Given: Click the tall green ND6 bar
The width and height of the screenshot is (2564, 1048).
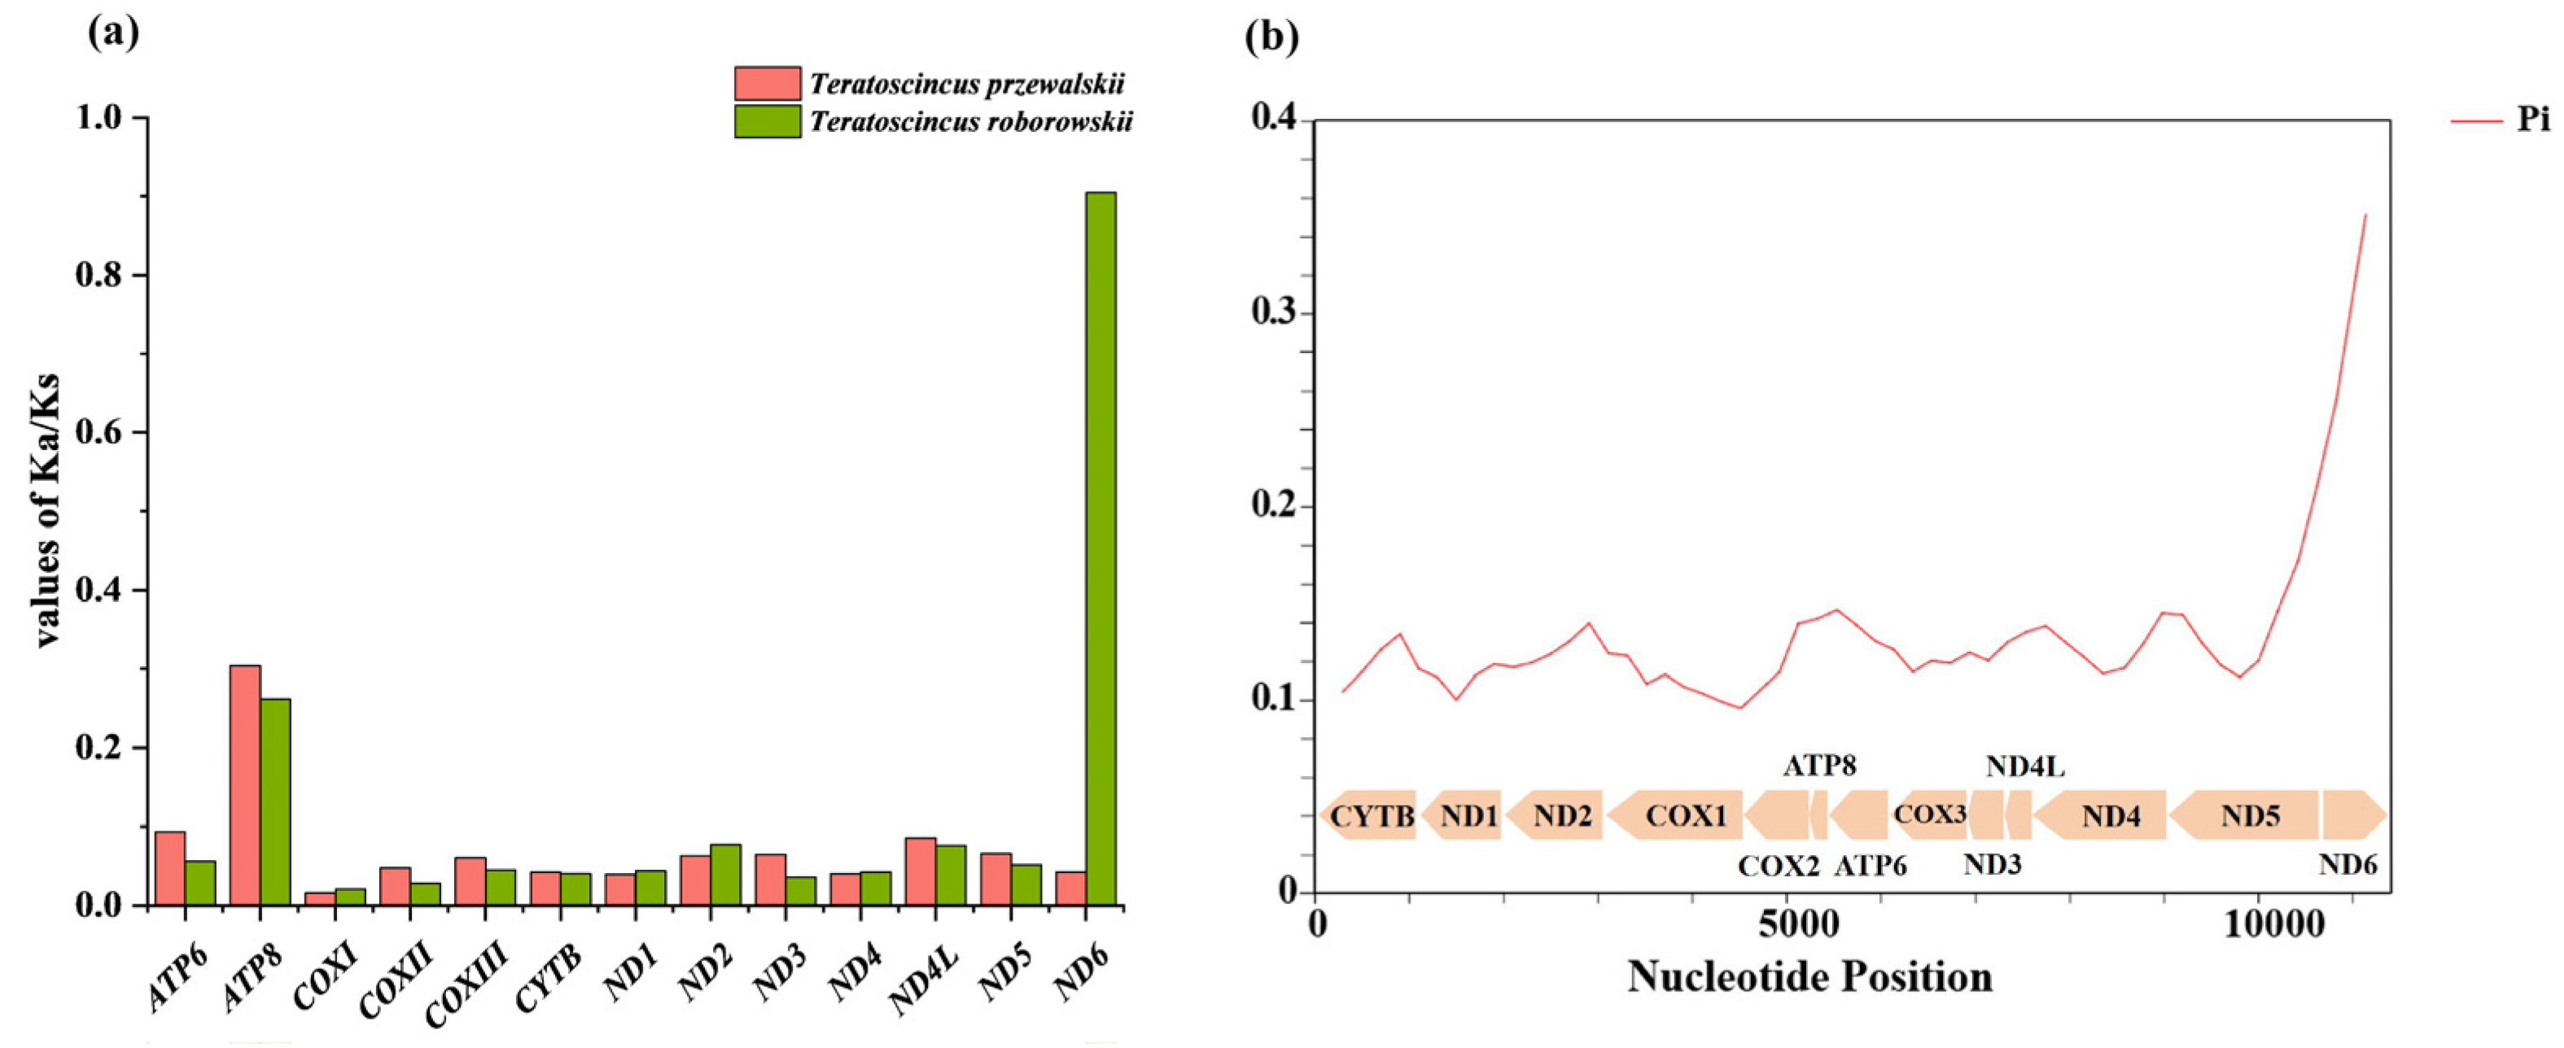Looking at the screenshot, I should [x=1100, y=548].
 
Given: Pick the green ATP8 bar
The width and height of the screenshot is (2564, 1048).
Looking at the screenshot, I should [x=276, y=801].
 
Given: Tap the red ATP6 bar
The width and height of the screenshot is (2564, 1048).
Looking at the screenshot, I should [x=170, y=868].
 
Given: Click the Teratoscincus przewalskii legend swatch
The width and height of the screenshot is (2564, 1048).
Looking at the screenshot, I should [x=768, y=84].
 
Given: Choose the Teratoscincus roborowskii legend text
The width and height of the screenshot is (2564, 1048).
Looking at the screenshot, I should [x=970, y=121].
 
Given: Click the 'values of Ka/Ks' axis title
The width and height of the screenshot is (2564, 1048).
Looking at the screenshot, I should [x=48, y=510].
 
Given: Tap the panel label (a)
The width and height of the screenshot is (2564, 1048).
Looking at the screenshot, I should [x=112, y=35].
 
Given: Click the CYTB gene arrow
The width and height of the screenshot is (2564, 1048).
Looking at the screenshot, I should [x=1370, y=816].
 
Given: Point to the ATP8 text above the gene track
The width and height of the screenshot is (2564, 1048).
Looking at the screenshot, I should [x=1819, y=766].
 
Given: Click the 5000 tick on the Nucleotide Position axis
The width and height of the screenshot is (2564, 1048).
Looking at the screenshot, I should [x=1787, y=924].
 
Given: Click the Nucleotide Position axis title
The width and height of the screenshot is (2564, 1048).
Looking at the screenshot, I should [x=1809, y=976].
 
